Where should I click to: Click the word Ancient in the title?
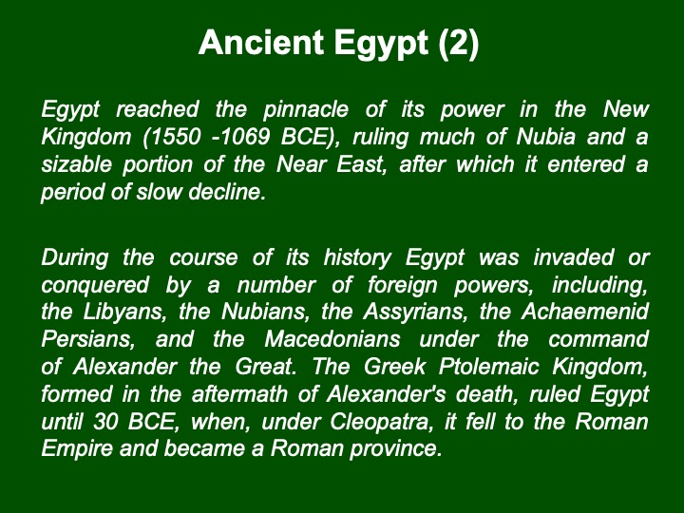point(261,43)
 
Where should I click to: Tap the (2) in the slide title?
point(459,43)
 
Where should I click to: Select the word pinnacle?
point(306,109)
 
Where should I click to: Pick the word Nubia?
point(545,137)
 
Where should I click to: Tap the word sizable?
point(76,164)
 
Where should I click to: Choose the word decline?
point(227,192)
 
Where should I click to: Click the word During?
point(75,257)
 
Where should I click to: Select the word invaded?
point(574,257)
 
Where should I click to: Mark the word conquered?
point(95,285)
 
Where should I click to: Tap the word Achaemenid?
point(585,312)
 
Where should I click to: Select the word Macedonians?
point(332,339)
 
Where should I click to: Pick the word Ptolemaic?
point(488,367)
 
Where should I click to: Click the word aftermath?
point(239,394)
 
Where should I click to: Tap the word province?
point(395,448)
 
